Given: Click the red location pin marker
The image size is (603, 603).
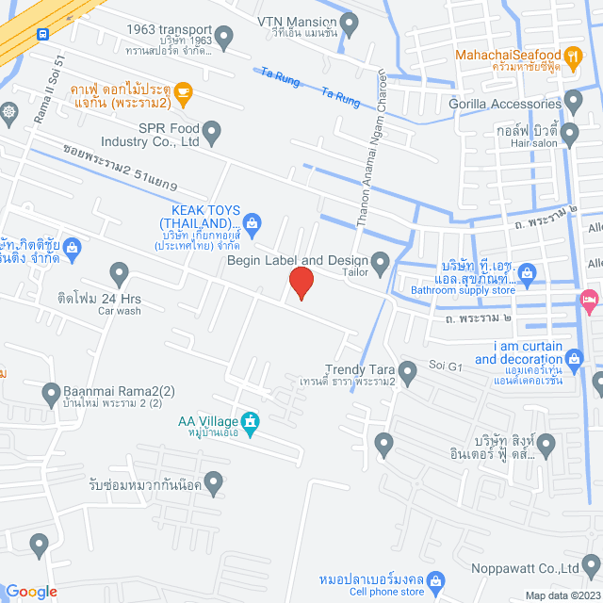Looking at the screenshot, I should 301,283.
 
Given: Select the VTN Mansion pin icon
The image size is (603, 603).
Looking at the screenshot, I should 350,21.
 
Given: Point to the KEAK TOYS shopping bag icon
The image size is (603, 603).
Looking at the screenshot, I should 252,223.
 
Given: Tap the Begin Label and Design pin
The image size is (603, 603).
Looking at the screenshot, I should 381,264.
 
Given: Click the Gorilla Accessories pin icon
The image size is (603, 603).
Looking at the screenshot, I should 574,103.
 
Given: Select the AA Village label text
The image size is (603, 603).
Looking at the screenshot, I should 206,421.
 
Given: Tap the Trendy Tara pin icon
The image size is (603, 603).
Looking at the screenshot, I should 407,373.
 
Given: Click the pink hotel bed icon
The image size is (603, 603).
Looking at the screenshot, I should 590,301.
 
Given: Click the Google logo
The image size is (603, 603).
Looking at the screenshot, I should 31,592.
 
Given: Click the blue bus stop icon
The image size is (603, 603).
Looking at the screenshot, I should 43,34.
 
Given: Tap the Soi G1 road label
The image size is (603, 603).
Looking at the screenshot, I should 441,364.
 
